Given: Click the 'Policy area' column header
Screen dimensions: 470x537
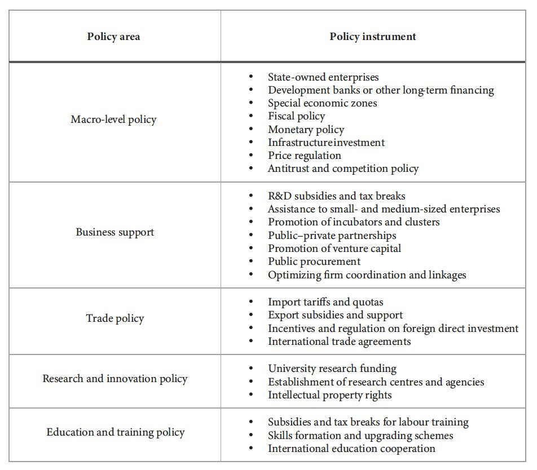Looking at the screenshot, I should point(113,37).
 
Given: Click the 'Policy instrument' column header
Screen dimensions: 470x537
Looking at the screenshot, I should point(373,37).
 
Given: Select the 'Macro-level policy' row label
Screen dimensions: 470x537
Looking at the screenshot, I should point(113,119).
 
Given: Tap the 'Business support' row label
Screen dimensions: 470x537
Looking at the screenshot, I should point(115,232).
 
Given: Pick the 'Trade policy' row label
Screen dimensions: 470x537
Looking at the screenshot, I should point(115,318).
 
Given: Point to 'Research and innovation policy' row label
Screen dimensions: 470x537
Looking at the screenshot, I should point(115,379).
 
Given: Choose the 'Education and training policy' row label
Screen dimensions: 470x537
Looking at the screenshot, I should point(115,433).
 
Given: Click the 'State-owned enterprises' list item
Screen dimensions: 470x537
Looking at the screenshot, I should point(323,77).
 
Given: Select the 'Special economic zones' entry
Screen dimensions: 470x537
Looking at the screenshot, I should point(322,103).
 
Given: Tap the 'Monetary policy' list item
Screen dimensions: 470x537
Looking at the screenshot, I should point(306,130).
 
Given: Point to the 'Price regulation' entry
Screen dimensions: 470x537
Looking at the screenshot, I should point(305,156).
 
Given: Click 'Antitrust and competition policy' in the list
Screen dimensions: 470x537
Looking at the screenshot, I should point(343,169).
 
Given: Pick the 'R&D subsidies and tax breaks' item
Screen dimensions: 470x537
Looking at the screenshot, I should point(336,196).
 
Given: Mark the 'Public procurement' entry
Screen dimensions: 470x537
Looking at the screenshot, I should point(314,261).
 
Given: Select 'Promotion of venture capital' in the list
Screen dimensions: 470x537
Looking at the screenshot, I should point(334,249).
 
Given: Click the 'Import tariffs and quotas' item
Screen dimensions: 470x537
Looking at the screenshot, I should point(325,302).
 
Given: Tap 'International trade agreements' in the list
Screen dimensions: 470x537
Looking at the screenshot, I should point(339,342).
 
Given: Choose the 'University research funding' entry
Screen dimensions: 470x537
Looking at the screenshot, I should point(332,369).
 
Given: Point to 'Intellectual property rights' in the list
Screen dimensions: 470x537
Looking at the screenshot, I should point(329,395).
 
